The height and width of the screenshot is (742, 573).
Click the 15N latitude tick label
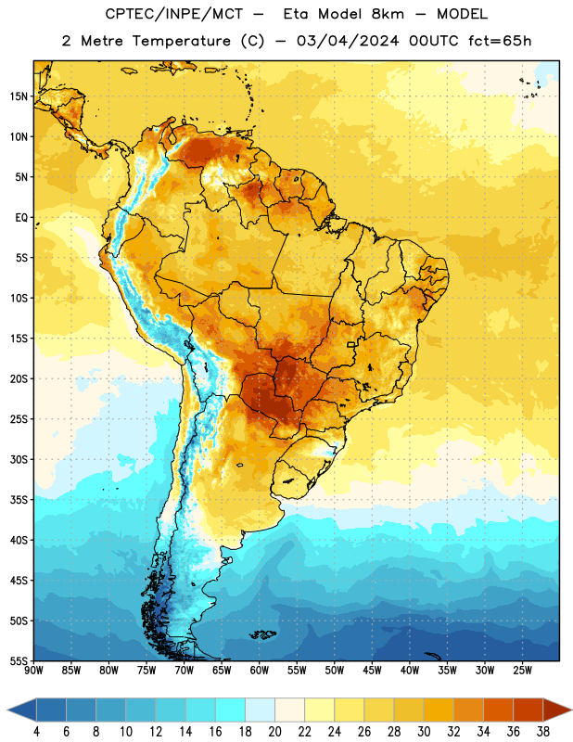point(19,96)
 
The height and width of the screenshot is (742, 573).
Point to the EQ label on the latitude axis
point(21,218)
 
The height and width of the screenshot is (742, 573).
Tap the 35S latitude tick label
point(19,500)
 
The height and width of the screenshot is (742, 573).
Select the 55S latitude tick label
point(19,660)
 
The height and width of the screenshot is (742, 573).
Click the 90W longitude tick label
point(33,671)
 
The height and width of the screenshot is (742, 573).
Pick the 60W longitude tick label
point(260,671)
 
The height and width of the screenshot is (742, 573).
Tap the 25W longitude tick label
point(522,671)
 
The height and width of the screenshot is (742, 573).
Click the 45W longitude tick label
point(372,671)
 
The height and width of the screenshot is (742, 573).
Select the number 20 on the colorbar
point(274,732)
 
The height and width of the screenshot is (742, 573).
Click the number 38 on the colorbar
point(543,732)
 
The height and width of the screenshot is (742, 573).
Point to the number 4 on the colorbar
point(36,732)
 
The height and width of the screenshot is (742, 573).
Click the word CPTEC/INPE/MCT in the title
point(174,14)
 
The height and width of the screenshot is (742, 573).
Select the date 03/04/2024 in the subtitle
point(348,41)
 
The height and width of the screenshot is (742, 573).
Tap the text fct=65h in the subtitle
point(500,41)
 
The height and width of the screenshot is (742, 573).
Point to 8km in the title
point(388,14)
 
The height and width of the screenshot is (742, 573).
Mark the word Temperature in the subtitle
point(182,41)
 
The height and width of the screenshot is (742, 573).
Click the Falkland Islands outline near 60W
point(262,634)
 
